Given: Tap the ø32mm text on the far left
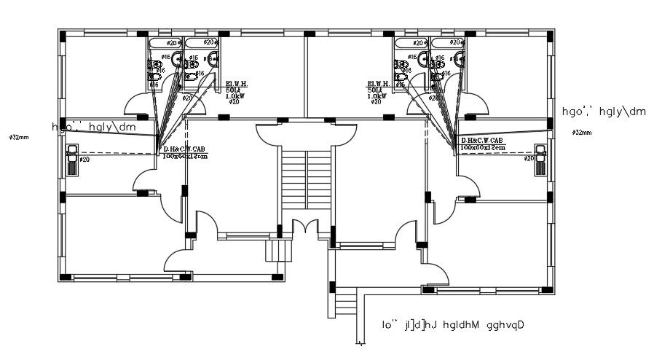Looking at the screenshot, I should click(x=19, y=137).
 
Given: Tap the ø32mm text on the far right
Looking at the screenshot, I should click(x=582, y=133).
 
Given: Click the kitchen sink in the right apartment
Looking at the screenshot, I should click(x=541, y=159).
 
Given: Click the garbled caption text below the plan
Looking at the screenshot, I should click(x=453, y=324).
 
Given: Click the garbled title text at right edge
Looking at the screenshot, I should click(x=604, y=111).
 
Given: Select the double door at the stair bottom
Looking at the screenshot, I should click(x=305, y=227).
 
